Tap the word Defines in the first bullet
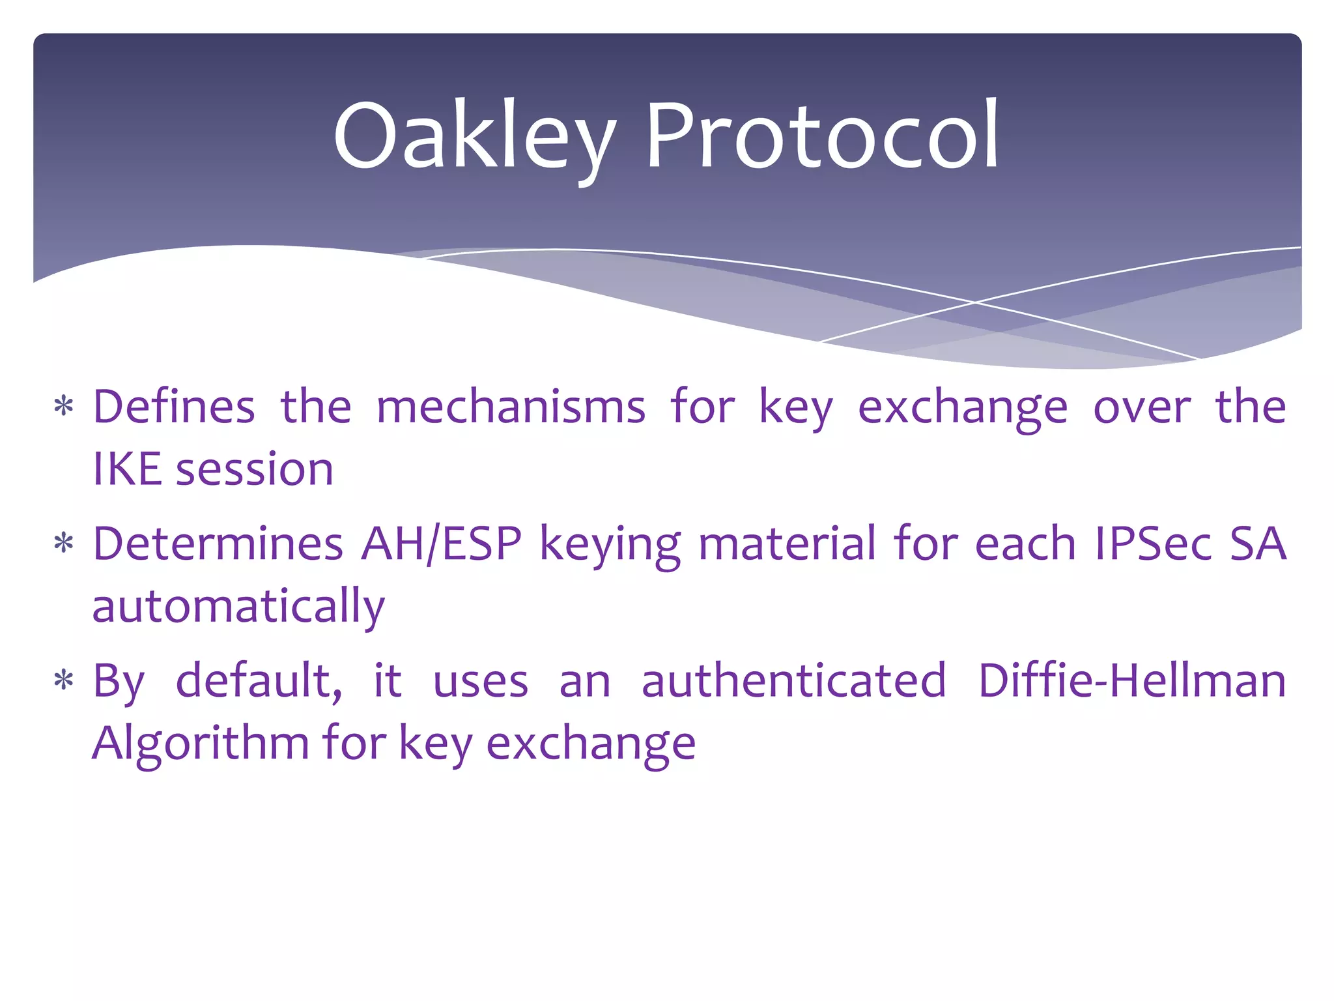point(174,407)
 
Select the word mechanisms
point(511,407)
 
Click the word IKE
point(127,469)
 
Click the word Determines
point(218,544)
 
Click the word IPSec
point(1153,544)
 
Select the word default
point(259,682)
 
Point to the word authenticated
point(793,682)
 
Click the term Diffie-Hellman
point(1131,682)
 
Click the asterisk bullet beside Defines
point(64,407)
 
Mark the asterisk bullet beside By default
point(64,682)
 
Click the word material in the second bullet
point(787,544)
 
